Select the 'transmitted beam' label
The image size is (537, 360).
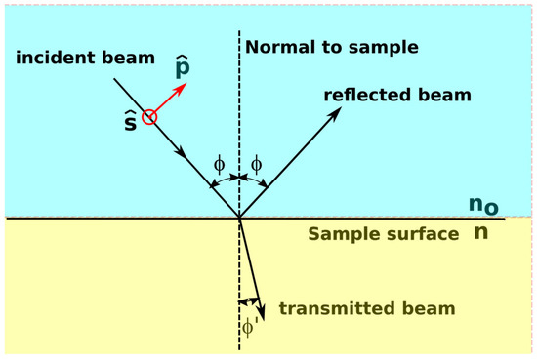[367, 309]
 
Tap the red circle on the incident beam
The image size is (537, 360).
[148, 117]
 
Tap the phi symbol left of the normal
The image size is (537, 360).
[219, 164]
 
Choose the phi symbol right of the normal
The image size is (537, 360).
[257, 164]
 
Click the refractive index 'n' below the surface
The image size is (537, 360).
[480, 235]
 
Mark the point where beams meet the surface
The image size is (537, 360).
[239, 218]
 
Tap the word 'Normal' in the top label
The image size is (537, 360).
[276, 46]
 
